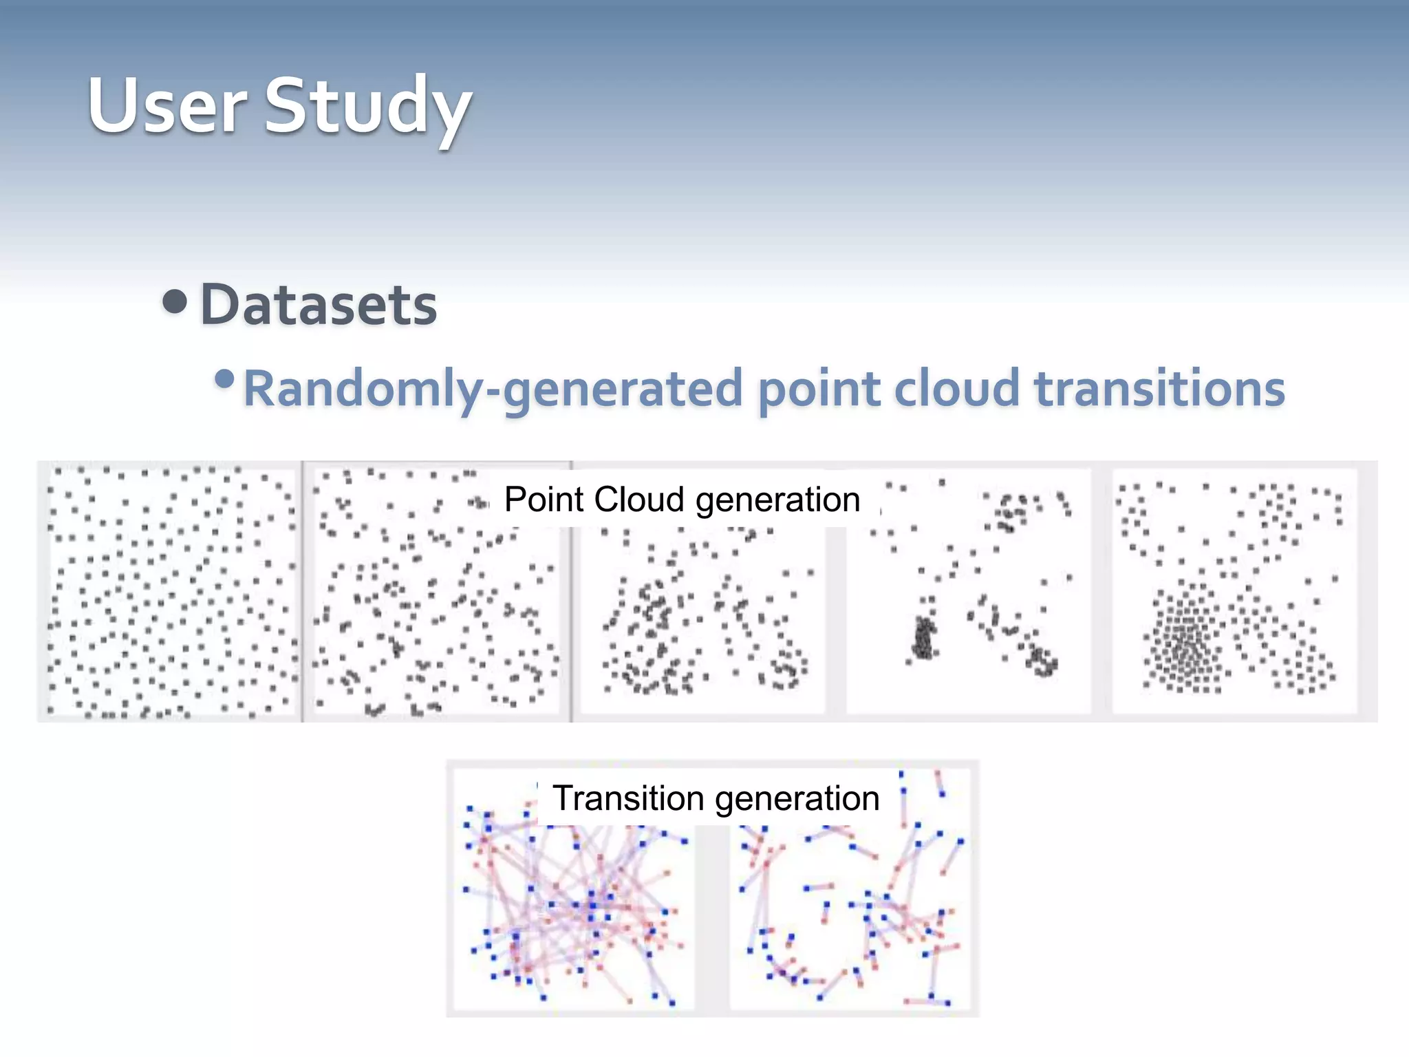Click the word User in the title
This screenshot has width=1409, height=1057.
click(x=166, y=107)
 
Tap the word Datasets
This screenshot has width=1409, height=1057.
click(x=318, y=305)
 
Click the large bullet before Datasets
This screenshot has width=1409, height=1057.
click(x=175, y=301)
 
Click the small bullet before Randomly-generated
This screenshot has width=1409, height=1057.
click(x=224, y=379)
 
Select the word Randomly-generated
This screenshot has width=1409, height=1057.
click(x=493, y=389)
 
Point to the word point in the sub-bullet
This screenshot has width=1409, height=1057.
click(x=819, y=389)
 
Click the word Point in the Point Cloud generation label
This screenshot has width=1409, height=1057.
click(x=544, y=500)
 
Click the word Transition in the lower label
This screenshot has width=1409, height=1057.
click(x=627, y=798)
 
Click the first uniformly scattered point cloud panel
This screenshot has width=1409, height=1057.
click(x=171, y=592)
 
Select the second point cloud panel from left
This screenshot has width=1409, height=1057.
click(x=436, y=606)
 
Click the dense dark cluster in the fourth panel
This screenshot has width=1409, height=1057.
click(x=923, y=638)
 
